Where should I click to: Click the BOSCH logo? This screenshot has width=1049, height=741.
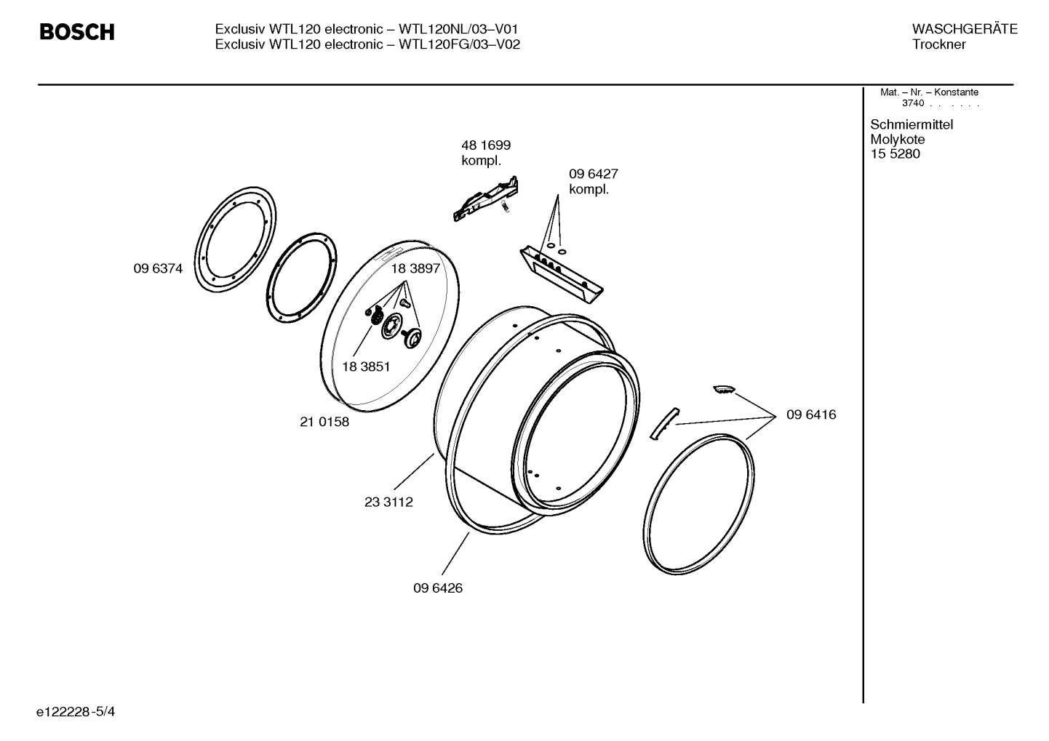coord(76,33)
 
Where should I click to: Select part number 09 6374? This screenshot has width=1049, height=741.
coord(158,268)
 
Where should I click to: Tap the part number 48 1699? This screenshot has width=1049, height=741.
coord(486,145)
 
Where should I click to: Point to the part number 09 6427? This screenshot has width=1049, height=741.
coord(593,175)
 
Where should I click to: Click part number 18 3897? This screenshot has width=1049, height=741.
coord(415,268)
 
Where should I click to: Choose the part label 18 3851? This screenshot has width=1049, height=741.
coord(365,367)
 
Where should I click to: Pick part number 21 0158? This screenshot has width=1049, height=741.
coord(324,422)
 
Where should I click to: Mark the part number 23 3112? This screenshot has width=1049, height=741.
coord(388,502)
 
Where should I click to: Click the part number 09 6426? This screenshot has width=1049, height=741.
coord(438,588)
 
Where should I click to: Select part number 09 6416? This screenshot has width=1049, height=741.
coord(811,415)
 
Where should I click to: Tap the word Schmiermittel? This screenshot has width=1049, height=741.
coord(912,124)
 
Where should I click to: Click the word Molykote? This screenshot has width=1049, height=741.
coord(898,140)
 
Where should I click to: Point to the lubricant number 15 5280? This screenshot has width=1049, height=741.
coord(895,154)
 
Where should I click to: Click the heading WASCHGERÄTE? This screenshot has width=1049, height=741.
coord(965,29)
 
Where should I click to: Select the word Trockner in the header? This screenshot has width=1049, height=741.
coord(939,44)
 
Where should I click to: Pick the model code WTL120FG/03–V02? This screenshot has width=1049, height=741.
coord(460,44)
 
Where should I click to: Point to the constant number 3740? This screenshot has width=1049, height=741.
coord(912,103)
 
